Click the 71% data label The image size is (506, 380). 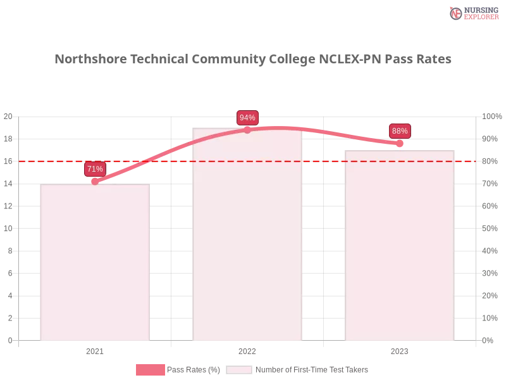pyautogui.click(x=95, y=169)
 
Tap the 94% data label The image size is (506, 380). pyautogui.click(x=247, y=118)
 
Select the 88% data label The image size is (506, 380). pyautogui.click(x=400, y=131)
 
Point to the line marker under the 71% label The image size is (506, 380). pyautogui.click(x=95, y=181)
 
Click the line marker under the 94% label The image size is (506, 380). pyautogui.click(x=247, y=130)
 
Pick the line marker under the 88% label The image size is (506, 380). pyautogui.click(x=400, y=144)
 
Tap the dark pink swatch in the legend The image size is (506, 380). pyautogui.click(x=150, y=370)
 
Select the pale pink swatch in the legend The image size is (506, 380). pyautogui.click(x=239, y=370)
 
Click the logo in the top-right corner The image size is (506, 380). pyautogui.click(x=473, y=13)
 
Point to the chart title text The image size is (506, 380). pyautogui.click(x=253, y=60)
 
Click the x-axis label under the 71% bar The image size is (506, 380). pyautogui.click(x=95, y=350)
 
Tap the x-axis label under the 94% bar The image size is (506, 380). pyautogui.click(x=247, y=350)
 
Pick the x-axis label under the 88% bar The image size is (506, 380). pyautogui.click(x=400, y=350)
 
